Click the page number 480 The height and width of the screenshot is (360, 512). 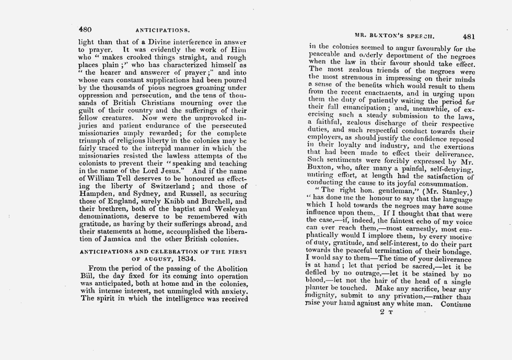tap(85, 29)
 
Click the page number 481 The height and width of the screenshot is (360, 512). tap(469, 37)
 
